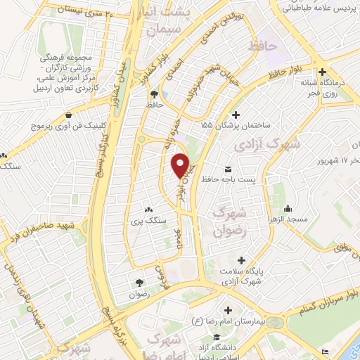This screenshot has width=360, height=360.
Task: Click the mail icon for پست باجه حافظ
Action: [x=229, y=169]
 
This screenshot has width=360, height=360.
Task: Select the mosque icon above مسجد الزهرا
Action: [x=288, y=208]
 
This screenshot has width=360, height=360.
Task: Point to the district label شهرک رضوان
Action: [x=231, y=221]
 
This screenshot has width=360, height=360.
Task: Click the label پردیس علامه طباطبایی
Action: [x=319, y=10]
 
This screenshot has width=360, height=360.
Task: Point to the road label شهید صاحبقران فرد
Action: [x=39, y=236]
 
